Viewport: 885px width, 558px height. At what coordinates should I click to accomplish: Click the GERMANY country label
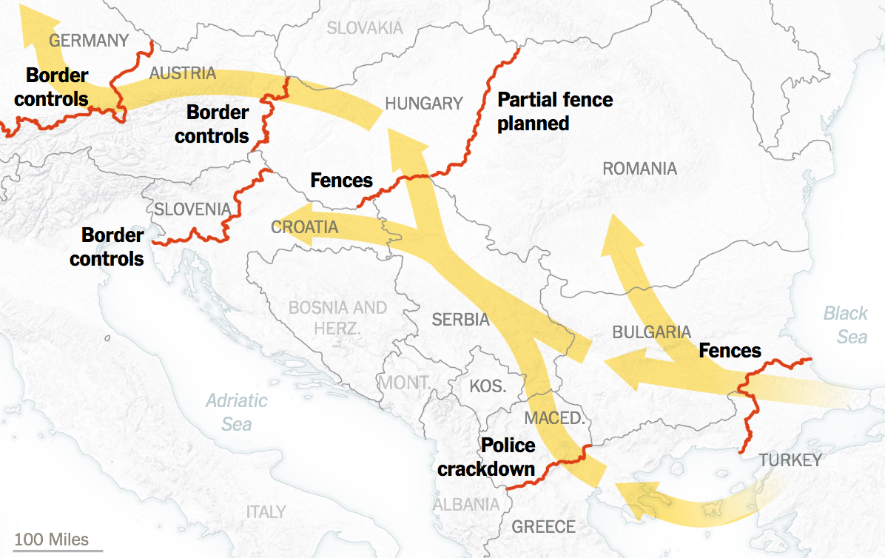click(x=89, y=41)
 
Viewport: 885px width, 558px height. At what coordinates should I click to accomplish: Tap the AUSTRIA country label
click(x=183, y=73)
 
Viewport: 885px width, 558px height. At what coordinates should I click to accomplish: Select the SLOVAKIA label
click(x=365, y=28)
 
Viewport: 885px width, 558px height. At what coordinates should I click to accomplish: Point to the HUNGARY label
click(x=423, y=104)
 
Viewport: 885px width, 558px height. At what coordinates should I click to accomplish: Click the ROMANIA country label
click(x=639, y=169)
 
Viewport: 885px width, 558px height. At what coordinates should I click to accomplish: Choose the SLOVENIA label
click(x=192, y=209)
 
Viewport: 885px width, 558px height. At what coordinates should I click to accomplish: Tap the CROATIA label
click(x=305, y=227)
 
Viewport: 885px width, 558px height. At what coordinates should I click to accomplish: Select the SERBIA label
click(x=461, y=320)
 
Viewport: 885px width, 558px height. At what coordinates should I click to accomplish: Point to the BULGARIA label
click(x=651, y=332)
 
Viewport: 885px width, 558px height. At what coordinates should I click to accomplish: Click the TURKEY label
click(x=790, y=460)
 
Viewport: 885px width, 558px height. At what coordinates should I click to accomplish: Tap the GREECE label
click(x=543, y=527)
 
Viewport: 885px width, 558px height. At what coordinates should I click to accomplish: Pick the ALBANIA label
click(x=465, y=505)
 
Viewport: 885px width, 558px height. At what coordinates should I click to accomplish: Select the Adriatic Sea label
click(x=237, y=412)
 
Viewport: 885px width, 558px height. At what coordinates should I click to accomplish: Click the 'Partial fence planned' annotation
click(x=554, y=111)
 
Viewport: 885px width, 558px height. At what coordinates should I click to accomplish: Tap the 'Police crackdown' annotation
click(x=486, y=457)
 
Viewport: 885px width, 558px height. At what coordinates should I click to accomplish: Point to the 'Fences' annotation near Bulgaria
click(x=730, y=350)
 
